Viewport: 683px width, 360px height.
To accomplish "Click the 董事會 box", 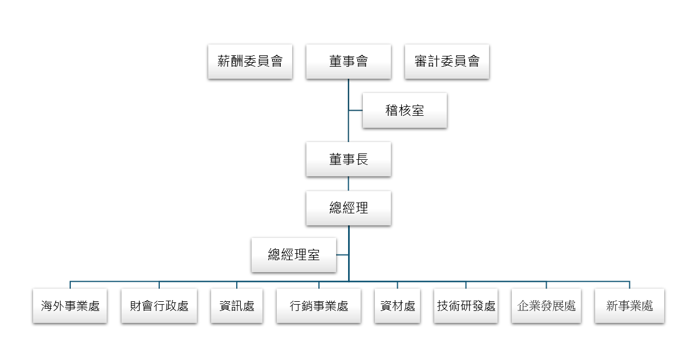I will click(x=348, y=61).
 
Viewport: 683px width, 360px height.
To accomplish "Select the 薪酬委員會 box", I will click(x=250, y=61).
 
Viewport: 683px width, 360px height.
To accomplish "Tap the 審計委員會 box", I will click(x=447, y=61).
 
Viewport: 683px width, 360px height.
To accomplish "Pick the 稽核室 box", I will click(x=405, y=110).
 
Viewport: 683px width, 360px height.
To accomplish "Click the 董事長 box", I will click(x=348, y=159).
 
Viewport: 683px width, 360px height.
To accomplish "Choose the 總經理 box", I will click(x=348, y=208).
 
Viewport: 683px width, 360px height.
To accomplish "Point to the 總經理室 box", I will click(x=294, y=254).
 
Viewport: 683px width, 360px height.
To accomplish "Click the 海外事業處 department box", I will click(x=70, y=306).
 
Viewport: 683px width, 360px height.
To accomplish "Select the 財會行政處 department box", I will click(x=159, y=306).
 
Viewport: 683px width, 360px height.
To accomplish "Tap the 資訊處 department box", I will click(x=237, y=306).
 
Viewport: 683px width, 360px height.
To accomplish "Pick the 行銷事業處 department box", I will click(x=319, y=306).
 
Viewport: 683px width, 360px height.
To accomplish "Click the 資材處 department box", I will click(x=398, y=306).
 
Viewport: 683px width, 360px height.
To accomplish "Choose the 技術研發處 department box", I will click(x=466, y=306).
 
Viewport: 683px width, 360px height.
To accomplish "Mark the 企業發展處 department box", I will click(x=546, y=306).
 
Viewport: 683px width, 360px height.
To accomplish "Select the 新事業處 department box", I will click(x=629, y=306).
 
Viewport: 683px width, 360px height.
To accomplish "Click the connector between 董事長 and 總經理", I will click(x=348, y=184).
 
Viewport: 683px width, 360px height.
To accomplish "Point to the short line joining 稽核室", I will click(x=355, y=110).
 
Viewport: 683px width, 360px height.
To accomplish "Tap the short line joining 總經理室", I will click(x=342, y=254).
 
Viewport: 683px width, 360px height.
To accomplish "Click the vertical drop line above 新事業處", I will click(x=629, y=285).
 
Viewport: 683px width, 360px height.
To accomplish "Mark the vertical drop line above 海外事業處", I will click(x=70, y=285).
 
